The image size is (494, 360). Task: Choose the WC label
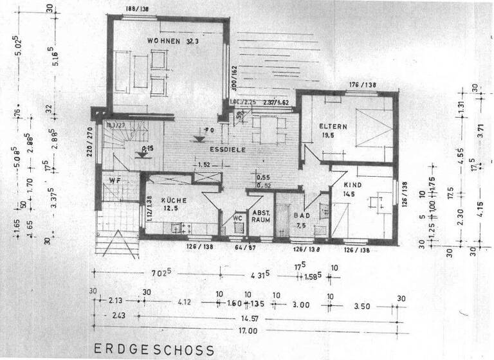(237, 218)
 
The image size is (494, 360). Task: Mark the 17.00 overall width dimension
(248, 331)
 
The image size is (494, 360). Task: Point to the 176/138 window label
(363, 85)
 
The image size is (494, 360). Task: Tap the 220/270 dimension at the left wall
(90, 142)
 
